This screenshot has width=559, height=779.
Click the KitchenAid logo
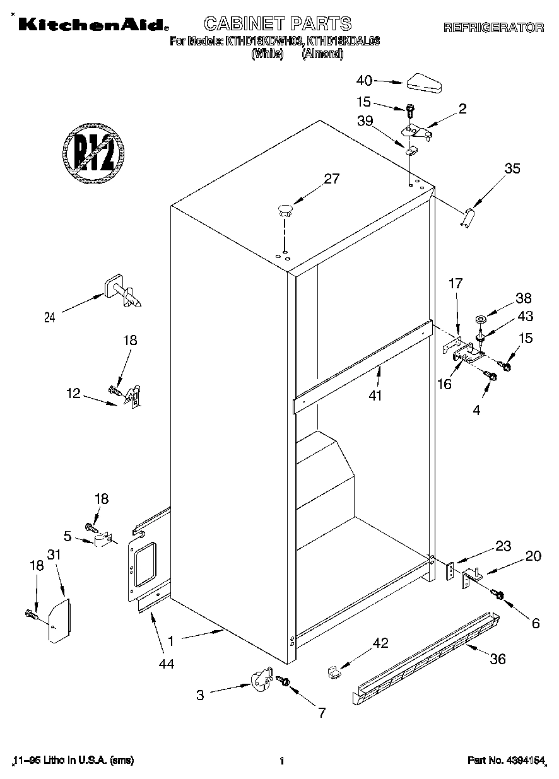click(92, 25)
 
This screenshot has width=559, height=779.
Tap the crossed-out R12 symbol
click(93, 154)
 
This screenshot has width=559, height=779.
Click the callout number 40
click(365, 80)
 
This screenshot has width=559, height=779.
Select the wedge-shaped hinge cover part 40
click(426, 81)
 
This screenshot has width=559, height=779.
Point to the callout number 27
click(332, 179)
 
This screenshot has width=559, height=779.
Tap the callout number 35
click(512, 168)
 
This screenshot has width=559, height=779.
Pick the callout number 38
click(524, 298)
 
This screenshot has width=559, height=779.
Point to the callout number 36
click(498, 659)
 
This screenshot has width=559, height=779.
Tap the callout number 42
click(380, 643)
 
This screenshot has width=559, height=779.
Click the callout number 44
click(167, 662)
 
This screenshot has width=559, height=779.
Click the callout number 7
click(321, 713)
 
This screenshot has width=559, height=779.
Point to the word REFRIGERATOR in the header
click(493, 27)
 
